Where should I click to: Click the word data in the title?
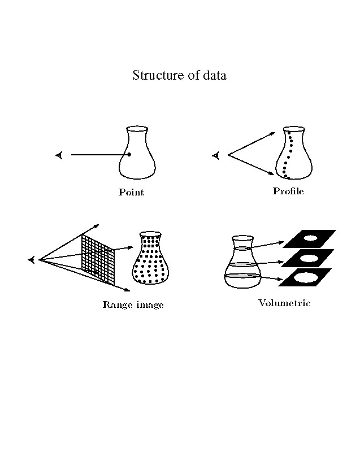pos(215,75)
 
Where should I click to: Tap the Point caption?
pos(131,192)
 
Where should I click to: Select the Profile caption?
pos(288,191)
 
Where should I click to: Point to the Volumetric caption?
pos(284,303)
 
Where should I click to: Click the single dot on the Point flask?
pos(129,155)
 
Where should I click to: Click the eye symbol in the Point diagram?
pos(59,155)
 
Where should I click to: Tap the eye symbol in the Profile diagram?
pos(216,155)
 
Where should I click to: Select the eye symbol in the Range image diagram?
pos(32,260)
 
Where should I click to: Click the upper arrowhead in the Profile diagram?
pos(272,133)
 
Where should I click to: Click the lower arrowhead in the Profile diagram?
pos(271,173)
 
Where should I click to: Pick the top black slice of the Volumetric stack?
pos(310,238)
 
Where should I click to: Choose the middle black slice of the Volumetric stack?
pos(307,258)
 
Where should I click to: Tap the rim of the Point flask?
pos(137,129)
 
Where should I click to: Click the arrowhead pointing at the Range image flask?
pos(130,247)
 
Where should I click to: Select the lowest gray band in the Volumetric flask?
pos(242,276)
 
